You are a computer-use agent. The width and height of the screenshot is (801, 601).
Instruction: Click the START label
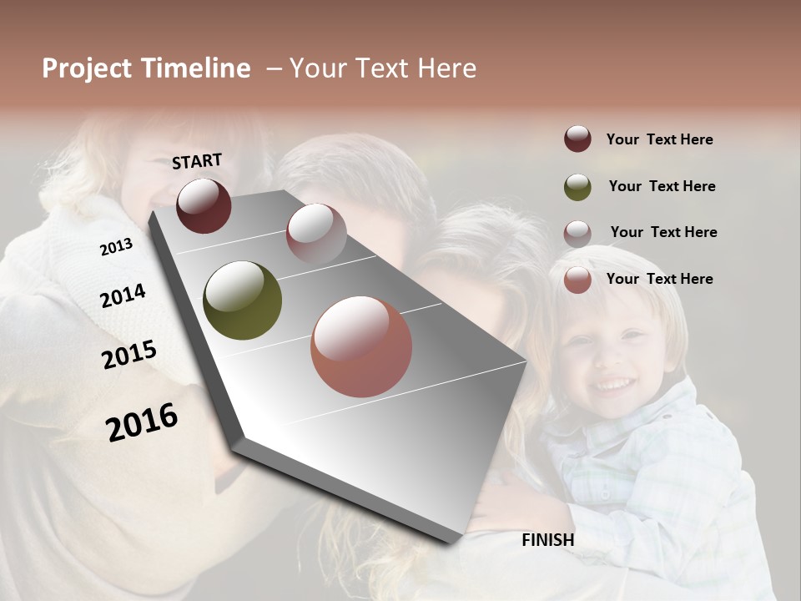[197, 161]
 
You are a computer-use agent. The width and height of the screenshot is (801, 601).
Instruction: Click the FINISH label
[547, 540]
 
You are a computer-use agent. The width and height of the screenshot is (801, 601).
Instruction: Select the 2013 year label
[116, 247]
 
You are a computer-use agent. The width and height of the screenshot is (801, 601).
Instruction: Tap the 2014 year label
[123, 295]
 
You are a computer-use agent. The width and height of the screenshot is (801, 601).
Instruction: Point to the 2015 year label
[129, 355]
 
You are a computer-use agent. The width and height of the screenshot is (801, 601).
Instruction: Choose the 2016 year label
[142, 422]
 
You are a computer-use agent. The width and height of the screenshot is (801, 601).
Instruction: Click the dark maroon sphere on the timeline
[204, 205]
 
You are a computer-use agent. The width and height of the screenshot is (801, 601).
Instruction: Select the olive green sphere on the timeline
[242, 300]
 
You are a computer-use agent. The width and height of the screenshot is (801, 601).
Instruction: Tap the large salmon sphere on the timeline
[361, 346]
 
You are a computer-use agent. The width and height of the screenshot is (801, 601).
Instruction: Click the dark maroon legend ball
[577, 139]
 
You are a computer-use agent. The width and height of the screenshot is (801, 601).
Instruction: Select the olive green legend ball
[577, 187]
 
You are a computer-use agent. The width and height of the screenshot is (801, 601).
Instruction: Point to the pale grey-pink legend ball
[577, 234]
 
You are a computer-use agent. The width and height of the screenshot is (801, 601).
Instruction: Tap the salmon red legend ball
[577, 280]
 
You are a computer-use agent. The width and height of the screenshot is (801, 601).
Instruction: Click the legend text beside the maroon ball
[659, 139]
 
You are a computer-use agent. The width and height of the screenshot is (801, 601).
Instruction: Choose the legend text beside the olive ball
[662, 186]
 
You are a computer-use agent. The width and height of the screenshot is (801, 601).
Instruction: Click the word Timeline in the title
[195, 68]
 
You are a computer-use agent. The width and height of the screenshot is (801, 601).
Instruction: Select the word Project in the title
[88, 68]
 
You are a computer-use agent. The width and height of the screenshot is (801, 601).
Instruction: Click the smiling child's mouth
[616, 385]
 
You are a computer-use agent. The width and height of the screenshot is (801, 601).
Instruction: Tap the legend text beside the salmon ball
[659, 279]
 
